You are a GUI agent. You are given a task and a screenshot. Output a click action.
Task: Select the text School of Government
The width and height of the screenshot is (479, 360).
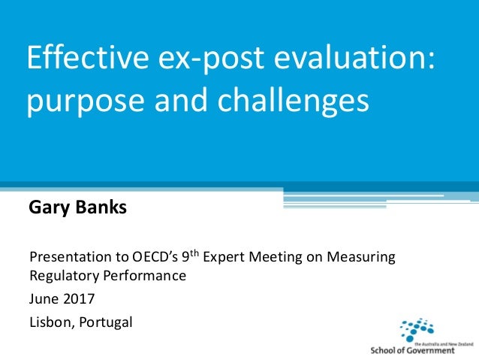click(x=412, y=349)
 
